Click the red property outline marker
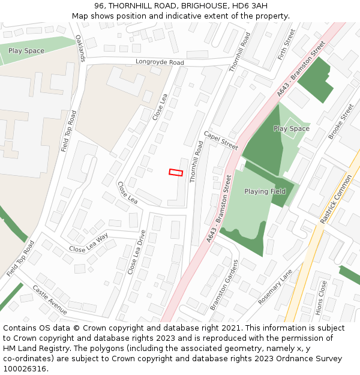(x=175, y=172)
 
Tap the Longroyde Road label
(x=160, y=62)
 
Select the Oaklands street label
(x=81, y=48)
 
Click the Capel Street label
(x=221, y=141)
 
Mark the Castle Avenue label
(x=50, y=299)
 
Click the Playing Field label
(x=265, y=191)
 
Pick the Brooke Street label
(x=341, y=122)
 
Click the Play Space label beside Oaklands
(x=26, y=51)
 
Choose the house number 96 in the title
(x=100, y=6)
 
